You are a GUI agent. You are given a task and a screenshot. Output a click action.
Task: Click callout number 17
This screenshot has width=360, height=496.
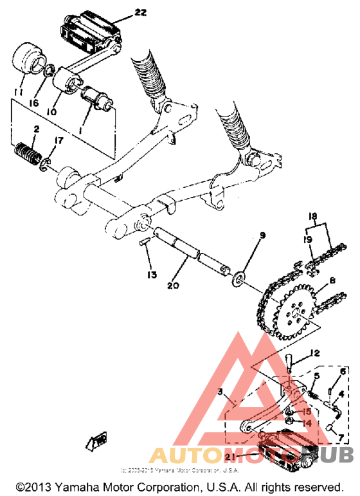[x=59, y=140]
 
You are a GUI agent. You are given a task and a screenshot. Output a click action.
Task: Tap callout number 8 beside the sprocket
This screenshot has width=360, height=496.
[x=332, y=281]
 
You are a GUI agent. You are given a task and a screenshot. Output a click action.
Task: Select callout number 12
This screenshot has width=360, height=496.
[x=314, y=353]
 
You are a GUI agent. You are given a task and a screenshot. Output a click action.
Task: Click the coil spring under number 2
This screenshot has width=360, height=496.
[x=28, y=155]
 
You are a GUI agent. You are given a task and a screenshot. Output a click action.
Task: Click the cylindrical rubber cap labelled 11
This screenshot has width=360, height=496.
[x=26, y=60]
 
